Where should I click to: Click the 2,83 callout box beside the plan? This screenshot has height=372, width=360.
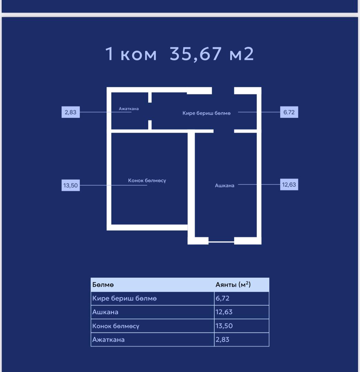[x=71, y=112]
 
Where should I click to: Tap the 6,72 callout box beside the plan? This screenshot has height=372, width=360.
[x=289, y=112]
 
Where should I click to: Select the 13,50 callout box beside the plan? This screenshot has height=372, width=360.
[x=71, y=185]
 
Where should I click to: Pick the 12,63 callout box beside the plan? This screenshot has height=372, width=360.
[x=289, y=185]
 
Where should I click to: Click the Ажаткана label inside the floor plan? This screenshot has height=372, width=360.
[x=128, y=108]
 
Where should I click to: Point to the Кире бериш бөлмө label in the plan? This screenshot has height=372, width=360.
[x=206, y=113]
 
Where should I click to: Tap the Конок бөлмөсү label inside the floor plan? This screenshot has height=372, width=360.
[x=147, y=180]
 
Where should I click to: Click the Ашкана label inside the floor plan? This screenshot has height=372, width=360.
[x=225, y=186]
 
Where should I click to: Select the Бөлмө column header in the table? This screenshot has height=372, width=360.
[x=103, y=285]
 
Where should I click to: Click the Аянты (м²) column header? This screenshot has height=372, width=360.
[x=233, y=285]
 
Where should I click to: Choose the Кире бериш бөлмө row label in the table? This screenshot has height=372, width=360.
[x=124, y=298]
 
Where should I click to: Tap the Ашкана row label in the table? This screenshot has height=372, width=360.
[x=105, y=312]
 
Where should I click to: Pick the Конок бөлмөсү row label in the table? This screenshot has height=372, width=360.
[x=115, y=326]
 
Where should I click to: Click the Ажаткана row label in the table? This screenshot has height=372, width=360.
[x=108, y=340]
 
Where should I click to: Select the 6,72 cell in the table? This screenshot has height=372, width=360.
[x=222, y=298]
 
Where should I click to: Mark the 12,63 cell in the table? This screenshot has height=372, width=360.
[x=224, y=312]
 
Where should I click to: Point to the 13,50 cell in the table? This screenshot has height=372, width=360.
[x=224, y=326]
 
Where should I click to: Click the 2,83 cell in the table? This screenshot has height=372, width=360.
[x=222, y=340]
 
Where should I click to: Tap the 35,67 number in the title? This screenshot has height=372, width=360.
[x=196, y=54]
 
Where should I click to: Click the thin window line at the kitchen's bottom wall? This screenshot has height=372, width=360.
[x=222, y=242]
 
